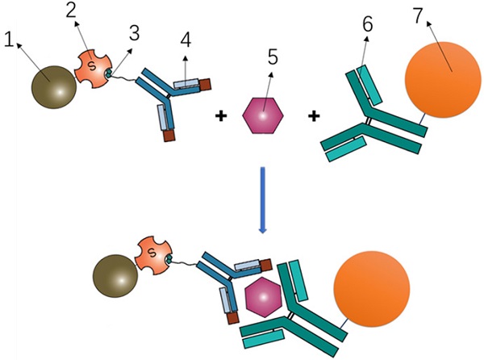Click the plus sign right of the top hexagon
click(x=315, y=117)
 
